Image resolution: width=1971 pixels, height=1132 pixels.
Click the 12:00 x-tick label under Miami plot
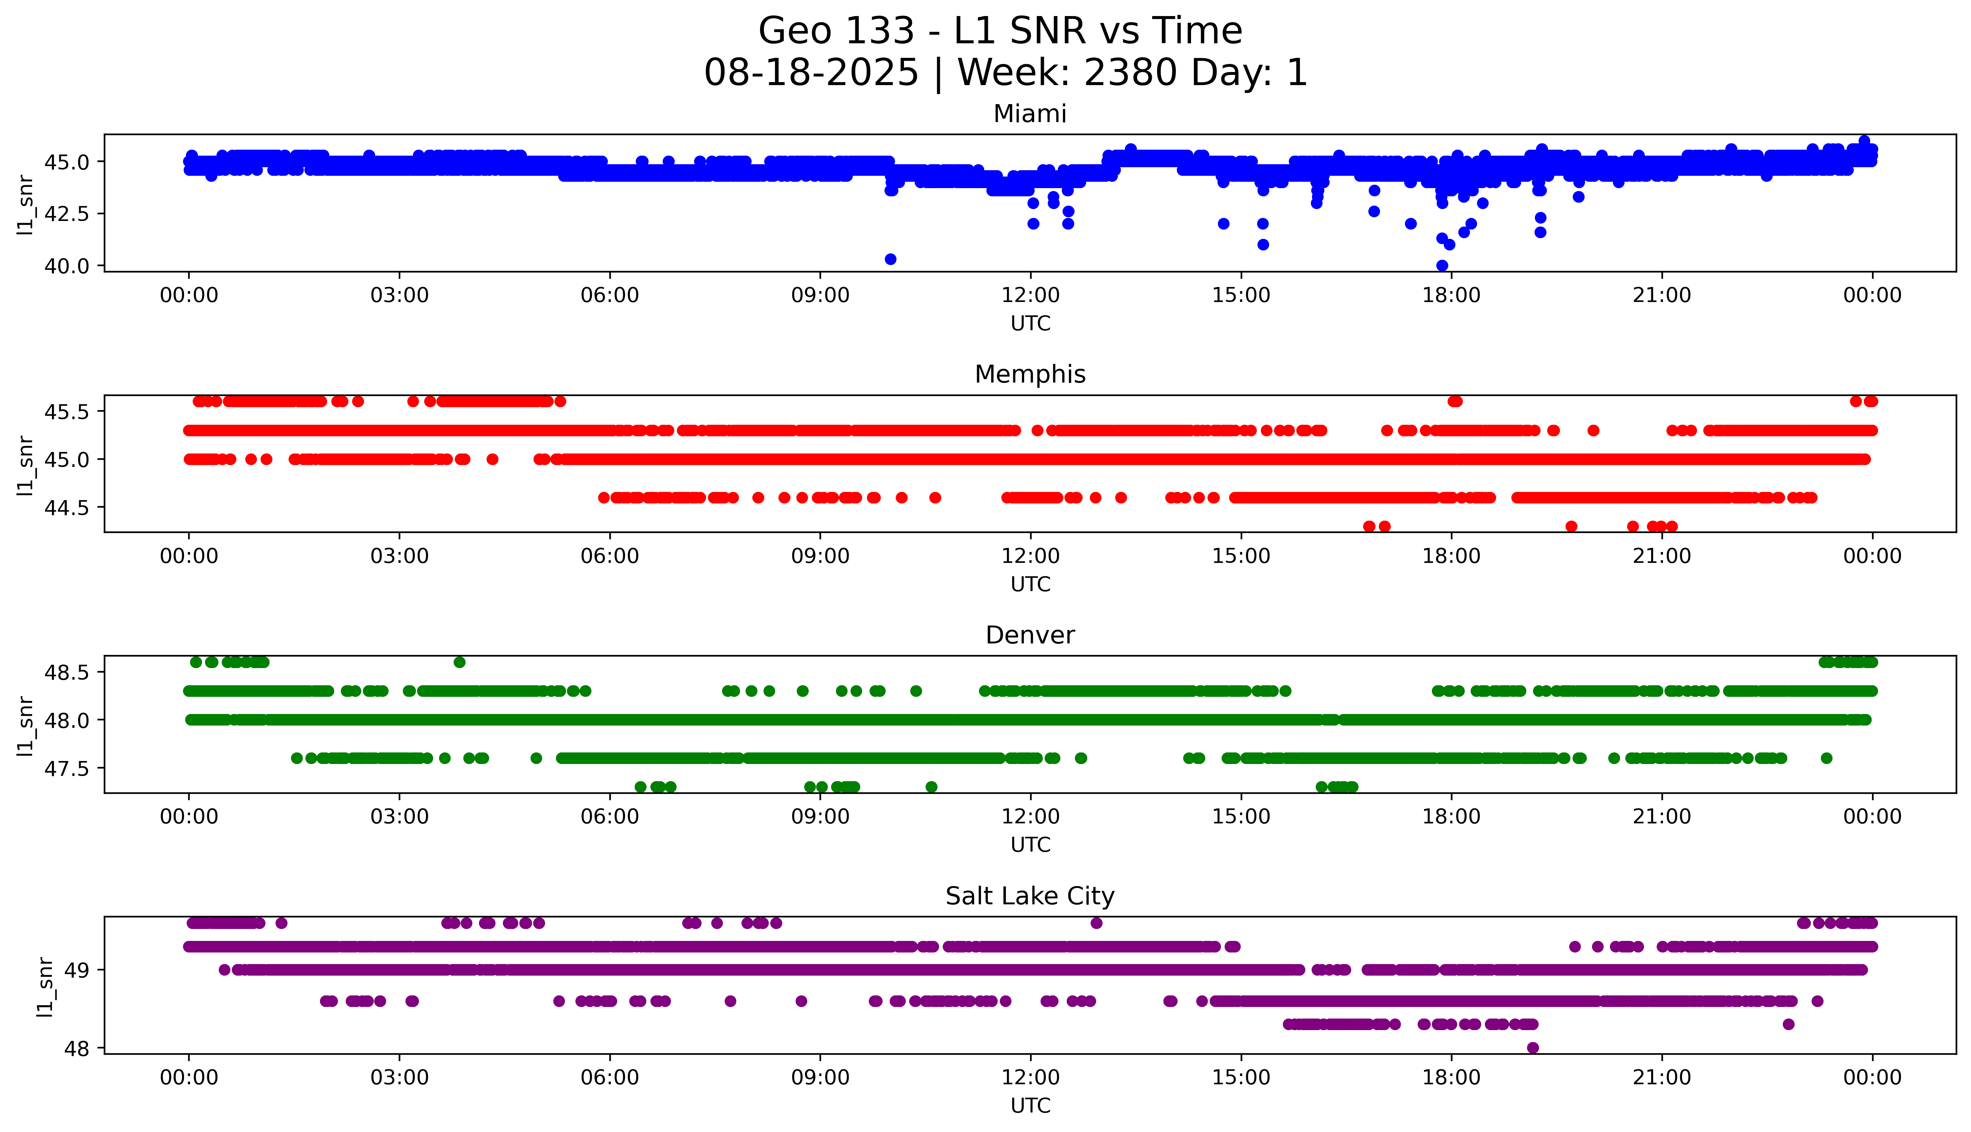(1030, 296)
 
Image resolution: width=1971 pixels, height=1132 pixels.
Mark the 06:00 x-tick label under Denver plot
(610, 816)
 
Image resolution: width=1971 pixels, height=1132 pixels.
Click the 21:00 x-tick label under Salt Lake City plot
(1661, 1078)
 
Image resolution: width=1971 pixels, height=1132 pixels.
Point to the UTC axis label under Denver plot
(1030, 844)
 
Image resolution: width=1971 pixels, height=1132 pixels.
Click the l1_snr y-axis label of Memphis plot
(26, 465)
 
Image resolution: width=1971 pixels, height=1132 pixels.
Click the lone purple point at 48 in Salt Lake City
(1533, 1047)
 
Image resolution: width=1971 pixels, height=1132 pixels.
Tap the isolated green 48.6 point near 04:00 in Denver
(460, 662)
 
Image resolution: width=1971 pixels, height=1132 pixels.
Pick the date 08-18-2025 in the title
(811, 73)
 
